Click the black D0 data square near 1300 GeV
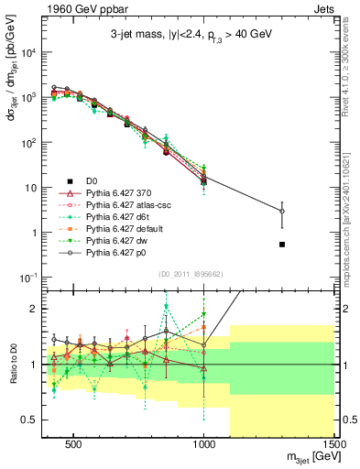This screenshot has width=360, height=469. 282,245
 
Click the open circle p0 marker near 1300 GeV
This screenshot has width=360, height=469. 282,212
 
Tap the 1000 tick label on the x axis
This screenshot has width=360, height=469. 203,442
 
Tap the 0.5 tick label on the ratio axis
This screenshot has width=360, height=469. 30,420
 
